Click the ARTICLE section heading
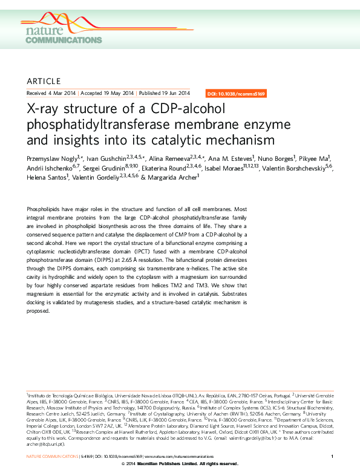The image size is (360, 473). pos(44,81)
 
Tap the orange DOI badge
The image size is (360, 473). pos(235,94)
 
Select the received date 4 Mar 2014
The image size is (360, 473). pos(62,94)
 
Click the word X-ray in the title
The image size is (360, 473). pos(44,111)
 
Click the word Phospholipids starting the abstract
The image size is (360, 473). pos(45,208)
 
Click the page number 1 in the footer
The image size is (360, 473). pos(332,455)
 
